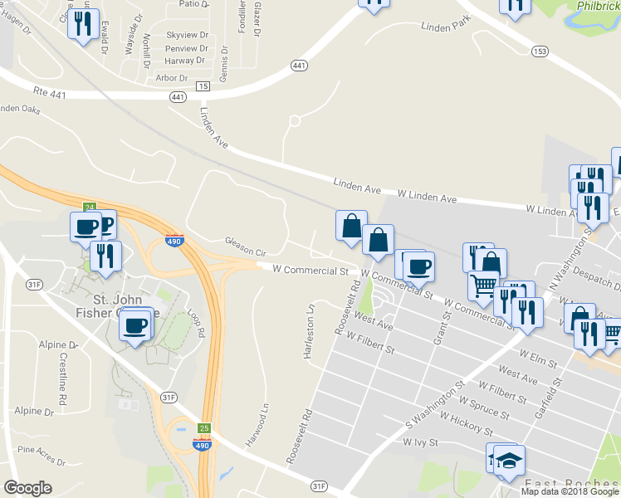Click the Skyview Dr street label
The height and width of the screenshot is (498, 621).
click(x=186, y=35)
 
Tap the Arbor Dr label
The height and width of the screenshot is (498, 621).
click(x=172, y=78)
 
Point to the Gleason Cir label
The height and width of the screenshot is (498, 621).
click(x=245, y=246)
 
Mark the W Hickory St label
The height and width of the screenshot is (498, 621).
click(x=466, y=424)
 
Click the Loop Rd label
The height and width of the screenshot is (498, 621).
click(x=197, y=323)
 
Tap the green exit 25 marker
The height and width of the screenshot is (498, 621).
click(x=203, y=428)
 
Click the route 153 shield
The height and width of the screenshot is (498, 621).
click(x=540, y=51)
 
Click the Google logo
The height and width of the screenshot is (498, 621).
click(x=27, y=488)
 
